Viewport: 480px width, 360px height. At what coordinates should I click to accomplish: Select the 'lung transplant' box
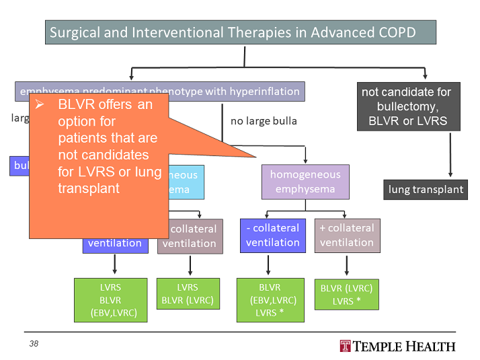click(x=426, y=189)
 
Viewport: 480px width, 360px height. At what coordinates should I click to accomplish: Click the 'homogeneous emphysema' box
click(x=305, y=182)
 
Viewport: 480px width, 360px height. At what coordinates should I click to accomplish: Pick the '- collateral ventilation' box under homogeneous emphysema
click(x=272, y=236)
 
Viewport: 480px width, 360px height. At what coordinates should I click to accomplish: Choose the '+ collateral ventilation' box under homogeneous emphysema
click(x=346, y=236)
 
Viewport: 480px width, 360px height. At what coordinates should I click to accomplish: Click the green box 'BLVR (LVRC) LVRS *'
click(x=346, y=294)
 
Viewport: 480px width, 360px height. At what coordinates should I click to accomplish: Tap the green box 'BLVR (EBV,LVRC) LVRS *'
click(x=272, y=299)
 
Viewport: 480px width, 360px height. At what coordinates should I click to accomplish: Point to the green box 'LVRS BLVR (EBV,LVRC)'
click(x=110, y=299)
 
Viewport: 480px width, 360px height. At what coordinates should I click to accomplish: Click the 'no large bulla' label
click(x=264, y=121)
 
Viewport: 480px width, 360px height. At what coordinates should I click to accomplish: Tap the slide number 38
click(x=34, y=344)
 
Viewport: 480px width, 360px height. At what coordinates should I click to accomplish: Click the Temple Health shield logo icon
click(x=346, y=346)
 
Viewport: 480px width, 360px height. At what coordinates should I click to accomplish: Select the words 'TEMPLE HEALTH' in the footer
click(x=405, y=346)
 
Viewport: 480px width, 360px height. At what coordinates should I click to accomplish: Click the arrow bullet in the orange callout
click(x=40, y=105)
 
